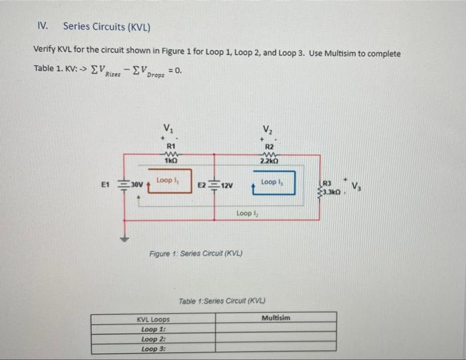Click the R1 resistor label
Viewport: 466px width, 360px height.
click(170, 144)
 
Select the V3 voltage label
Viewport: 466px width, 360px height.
click(357, 186)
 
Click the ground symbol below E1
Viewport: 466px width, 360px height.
click(122, 238)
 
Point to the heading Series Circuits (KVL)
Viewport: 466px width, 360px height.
click(106, 27)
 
